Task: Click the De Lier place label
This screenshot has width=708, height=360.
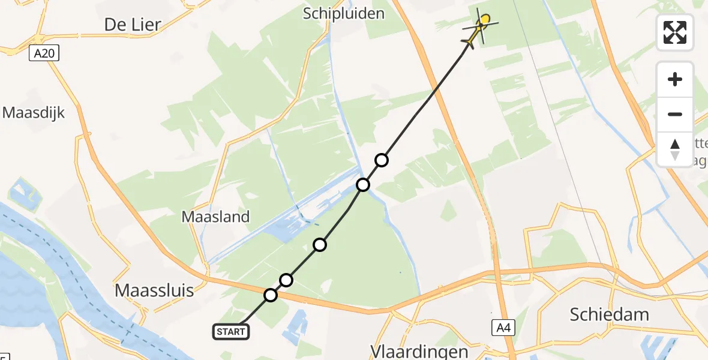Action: [133, 25]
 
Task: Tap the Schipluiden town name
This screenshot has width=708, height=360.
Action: [344, 13]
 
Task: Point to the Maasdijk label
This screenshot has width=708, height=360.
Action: [34, 112]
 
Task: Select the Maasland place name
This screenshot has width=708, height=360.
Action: [216, 217]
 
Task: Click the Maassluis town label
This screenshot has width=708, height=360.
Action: [154, 291]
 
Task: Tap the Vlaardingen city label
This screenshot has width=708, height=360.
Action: [411, 351]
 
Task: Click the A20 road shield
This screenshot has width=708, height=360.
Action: [44, 54]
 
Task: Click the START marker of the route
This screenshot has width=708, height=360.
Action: [231, 331]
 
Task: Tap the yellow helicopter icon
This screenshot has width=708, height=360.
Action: [479, 29]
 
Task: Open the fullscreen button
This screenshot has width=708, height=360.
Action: [675, 32]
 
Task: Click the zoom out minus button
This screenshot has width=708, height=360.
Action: [675, 114]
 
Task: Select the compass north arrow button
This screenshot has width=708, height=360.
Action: [675, 149]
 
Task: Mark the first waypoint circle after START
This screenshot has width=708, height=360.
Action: [271, 295]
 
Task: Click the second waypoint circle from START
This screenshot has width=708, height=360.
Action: [286, 280]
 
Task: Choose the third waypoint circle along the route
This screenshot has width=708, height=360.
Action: [320, 245]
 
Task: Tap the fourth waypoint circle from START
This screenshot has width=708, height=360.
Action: [363, 184]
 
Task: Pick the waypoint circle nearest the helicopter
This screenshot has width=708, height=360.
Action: [382, 160]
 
